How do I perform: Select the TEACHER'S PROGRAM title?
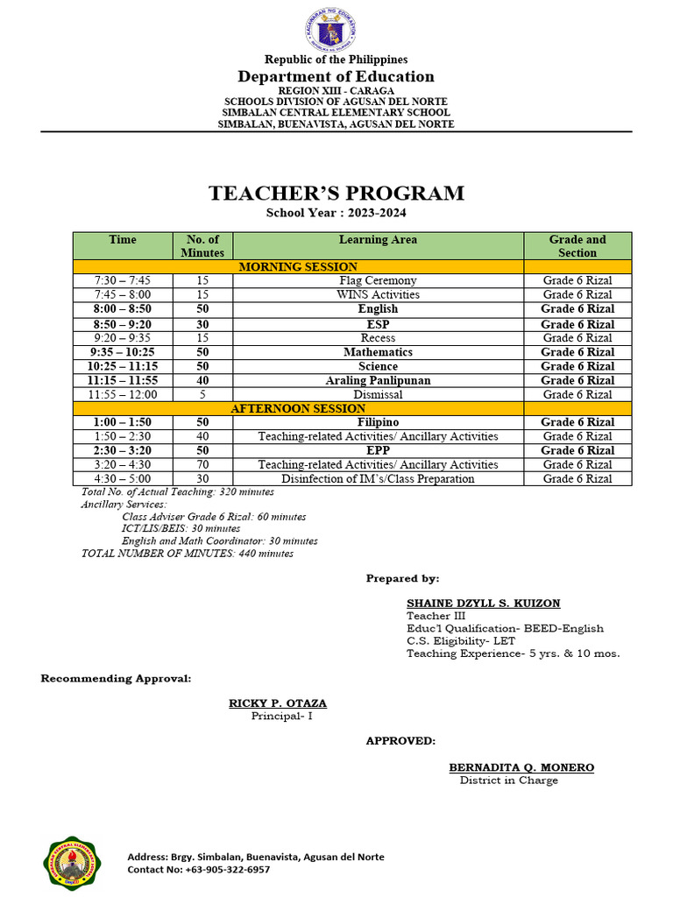pyautogui.click(x=336, y=194)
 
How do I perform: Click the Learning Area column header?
pyautogui.click(x=378, y=240)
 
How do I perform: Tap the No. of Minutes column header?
pyautogui.click(x=202, y=246)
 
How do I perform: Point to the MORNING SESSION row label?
pyautogui.click(x=298, y=267)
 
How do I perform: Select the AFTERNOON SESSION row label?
pyautogui.click(x=298, y=409)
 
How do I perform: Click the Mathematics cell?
pyautogui.click(x=378, y=352)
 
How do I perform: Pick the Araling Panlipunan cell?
pyautogui.click(x=378, y=380)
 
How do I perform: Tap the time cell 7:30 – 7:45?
pyautogui.click(x=123, y=281)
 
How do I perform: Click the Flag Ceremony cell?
pyautogui.click(x=378, y=281)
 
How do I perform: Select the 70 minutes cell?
pyautogui.click(x=202, y=465)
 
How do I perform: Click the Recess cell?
pyautogui.click(x=378, y=338)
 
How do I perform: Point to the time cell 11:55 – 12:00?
pyautogui.click(x=123, y=395)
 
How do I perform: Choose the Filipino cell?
pyautogui.click(x=378, y=422)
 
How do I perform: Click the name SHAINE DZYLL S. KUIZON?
pyautogui.click(x=483, y=604)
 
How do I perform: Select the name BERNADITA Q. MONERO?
pyautogui.click(x=521, y=767)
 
